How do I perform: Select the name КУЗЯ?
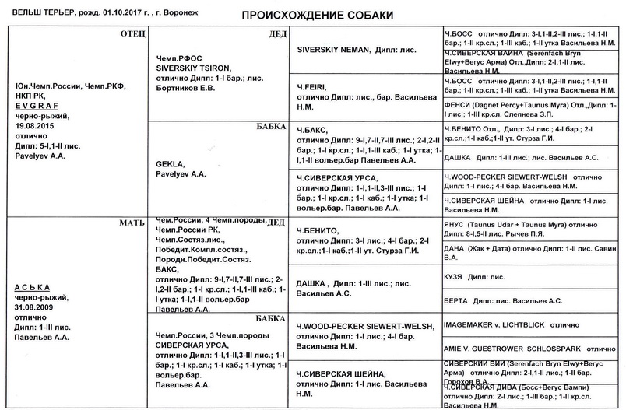pyautogui.click(x=453, y=277)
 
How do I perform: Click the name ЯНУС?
pyautogui.click(x=454, y=224)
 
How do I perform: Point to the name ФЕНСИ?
pyautogui.click(x=456, y=103)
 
